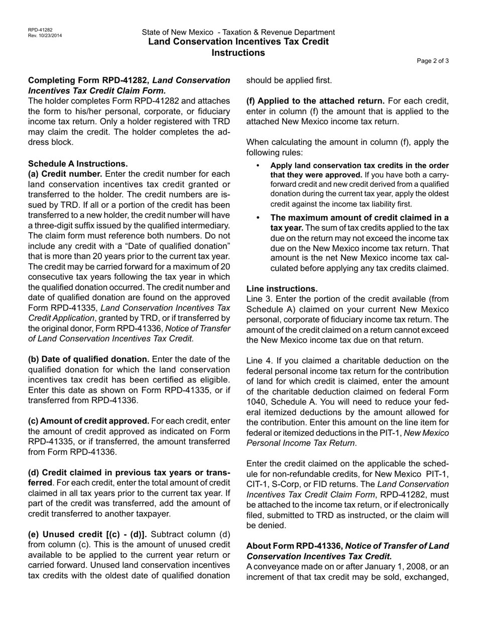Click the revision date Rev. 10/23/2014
click(x=45, y=36)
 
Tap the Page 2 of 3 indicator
click(x=433, y=61)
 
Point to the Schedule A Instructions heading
click(x=78, y=164)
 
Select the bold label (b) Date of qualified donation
click(x=88, y=359)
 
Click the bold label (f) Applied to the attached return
click(x=315, y=101)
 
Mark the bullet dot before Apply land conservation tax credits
click(x=258, y=166)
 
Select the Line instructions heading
click(x=282, y=289)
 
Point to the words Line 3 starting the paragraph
click(x=258, y=299)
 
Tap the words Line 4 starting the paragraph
click(x=258, y=361)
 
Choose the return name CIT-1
click(x=256, y=484)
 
